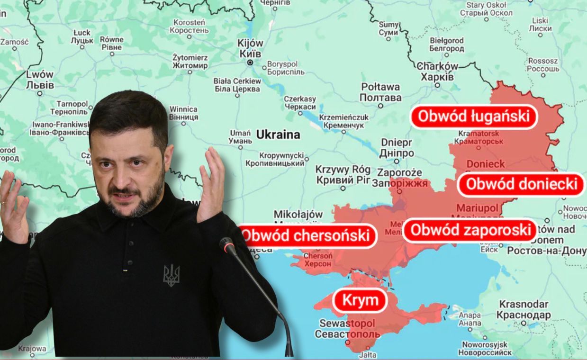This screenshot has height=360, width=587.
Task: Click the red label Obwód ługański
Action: pyautogui.click(x=474, y=117)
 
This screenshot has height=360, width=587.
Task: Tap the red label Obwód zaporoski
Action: pyautogui.click(x=470, y=230)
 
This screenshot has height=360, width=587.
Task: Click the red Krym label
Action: pyautogui.click(x=360, y=300)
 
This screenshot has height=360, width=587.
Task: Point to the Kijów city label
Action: pyautogui.click(x=251, y=48)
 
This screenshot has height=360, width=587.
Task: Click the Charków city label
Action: pyautogui.click(x=437, y=71)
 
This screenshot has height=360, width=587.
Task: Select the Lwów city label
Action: pyautogui.click(x=40, y=80)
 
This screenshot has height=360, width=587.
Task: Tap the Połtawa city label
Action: pyautogui.click(x=380, y=92)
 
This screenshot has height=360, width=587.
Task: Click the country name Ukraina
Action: pyautogui.click(x=278, y=135)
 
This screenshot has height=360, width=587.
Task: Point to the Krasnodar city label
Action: pyautogui.click(x=524, y=309)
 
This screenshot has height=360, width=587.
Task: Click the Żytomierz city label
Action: pyautogui.click(x=190, y=61)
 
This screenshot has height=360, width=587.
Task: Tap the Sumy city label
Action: pyautogui.click(x=388, y=28)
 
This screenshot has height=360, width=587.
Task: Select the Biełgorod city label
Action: pyautogui.click(x=446, y=45)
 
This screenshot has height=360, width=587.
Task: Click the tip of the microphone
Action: pyautogui.click(x=226, y=244)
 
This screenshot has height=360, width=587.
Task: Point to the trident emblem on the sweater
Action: pyautogui.click(x=172, y=275)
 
